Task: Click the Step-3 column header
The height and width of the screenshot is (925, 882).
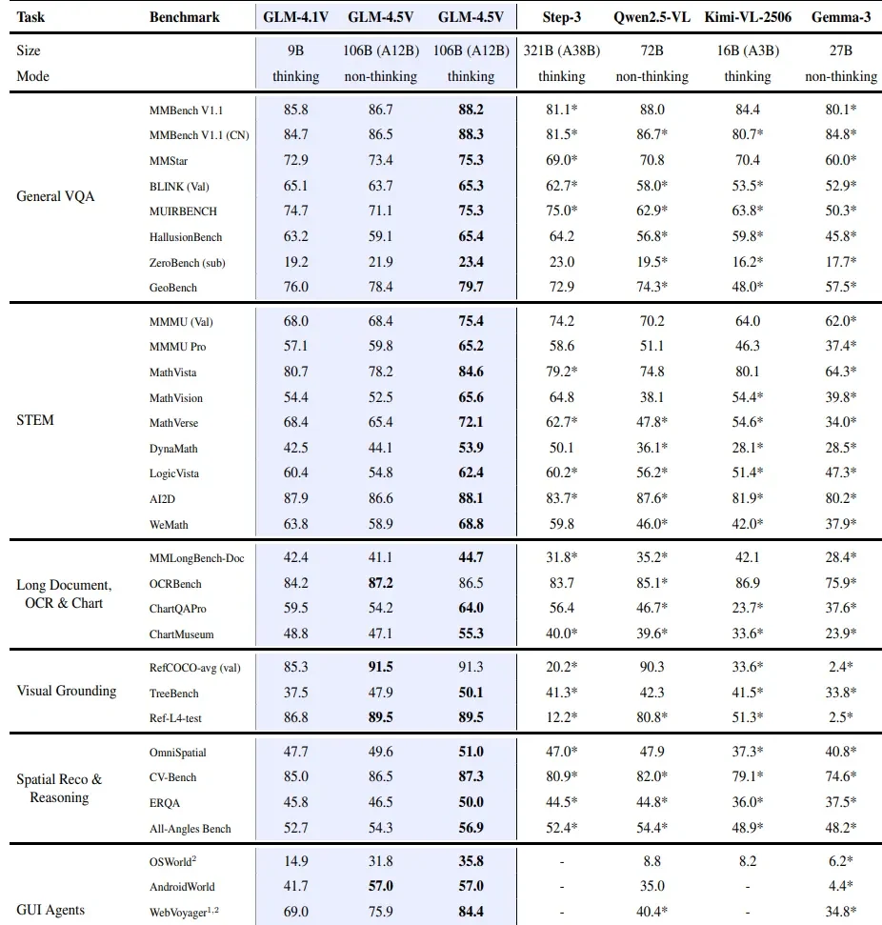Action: pos(561,17)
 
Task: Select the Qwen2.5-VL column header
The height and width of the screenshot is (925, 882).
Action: pos(651,17)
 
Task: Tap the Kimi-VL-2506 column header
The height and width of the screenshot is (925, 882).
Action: pos(748,17)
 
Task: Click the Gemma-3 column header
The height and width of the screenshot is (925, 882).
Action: pos(841,17)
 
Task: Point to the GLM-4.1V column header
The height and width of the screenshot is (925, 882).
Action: pos(295,17)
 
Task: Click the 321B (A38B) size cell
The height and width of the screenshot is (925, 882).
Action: pos(562,50)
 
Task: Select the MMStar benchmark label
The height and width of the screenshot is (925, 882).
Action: pos(169,160)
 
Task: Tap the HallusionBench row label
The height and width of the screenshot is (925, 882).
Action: pos(185,237)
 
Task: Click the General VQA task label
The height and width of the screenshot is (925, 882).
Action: pos(55,196)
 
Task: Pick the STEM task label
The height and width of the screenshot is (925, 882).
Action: pos(35,420)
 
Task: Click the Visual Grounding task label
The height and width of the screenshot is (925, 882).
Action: pos(66,691)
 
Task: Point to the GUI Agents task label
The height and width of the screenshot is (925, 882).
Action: pos(50,910)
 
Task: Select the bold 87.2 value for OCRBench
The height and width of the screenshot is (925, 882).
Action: pos(381,583)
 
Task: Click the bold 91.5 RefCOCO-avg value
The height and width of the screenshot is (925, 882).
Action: pos(381,667)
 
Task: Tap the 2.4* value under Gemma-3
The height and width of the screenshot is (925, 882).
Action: pos(841,667)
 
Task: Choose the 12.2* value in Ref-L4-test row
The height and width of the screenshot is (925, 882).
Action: pos(562,717)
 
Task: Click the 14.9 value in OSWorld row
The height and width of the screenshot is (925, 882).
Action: pos(295,861)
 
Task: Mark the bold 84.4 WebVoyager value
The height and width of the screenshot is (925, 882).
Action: pos(471,912)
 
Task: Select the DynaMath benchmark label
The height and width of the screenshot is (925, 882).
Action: pos(173,449)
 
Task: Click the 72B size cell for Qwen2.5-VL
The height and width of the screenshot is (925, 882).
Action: pos(651,50)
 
